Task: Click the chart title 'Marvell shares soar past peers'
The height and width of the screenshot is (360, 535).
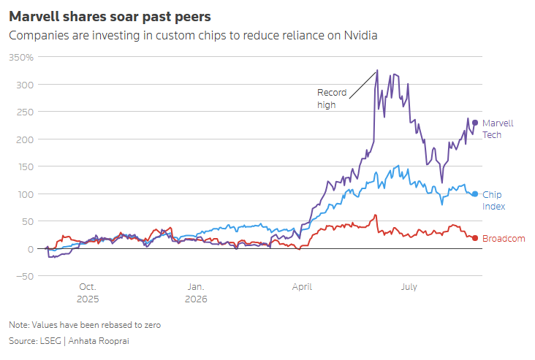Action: click(110, 16)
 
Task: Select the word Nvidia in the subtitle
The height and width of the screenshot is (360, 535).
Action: click(360, 35)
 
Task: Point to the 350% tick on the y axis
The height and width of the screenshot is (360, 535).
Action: click(21, 57)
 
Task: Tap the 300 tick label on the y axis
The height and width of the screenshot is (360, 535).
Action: click(25, 85)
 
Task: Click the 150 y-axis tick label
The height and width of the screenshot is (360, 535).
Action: click(25, 166)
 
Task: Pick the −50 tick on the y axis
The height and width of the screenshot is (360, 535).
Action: click(25, 276)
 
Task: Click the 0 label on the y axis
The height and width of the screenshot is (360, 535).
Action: click(31, 249)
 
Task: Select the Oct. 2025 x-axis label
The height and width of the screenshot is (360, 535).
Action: click(88, 293)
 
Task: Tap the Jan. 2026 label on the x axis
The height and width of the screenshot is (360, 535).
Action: click(196, 293)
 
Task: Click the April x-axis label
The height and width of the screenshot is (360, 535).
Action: click(302, 287)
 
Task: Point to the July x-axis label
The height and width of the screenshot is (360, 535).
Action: click(409, 287)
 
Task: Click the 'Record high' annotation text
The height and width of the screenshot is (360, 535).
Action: click(332, 99)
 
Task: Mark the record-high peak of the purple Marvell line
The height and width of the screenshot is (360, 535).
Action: click(377, 70)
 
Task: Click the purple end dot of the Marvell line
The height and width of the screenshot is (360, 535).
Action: click(475, 123)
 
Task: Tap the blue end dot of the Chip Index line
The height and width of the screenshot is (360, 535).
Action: click(475, 194)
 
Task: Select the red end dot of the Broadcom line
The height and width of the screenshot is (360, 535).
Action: click(475, 238)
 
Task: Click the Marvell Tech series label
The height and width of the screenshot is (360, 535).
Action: click(498, 129)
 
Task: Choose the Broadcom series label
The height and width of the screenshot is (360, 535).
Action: click(504, 238)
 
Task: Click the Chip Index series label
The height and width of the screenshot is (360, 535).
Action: click(494, 201)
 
